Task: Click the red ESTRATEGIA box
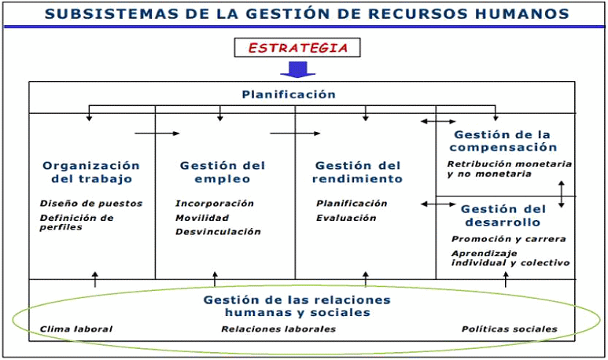click(297, 48)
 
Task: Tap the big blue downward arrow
click(297, 69)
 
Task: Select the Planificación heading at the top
click(289, 94)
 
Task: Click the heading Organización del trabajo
click(91, 172)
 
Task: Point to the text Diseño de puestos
click(91, 204)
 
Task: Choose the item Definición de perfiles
click(76, 222)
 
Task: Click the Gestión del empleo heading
click(223, 172)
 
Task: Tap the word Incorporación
click(215, 204)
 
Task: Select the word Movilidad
click(202, 218)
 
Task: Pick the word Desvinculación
click(218, 232)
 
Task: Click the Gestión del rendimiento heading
click(358, 172)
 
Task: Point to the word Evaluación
click(346, 218)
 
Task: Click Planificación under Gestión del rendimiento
click(352, 204)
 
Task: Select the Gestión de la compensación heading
click(503, 141)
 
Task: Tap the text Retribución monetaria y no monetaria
click(509, 169)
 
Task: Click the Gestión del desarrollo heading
click(503, 215)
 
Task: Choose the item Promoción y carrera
click(508, 239)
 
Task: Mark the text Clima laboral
click(76, 329)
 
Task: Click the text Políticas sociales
click(509, 329)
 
